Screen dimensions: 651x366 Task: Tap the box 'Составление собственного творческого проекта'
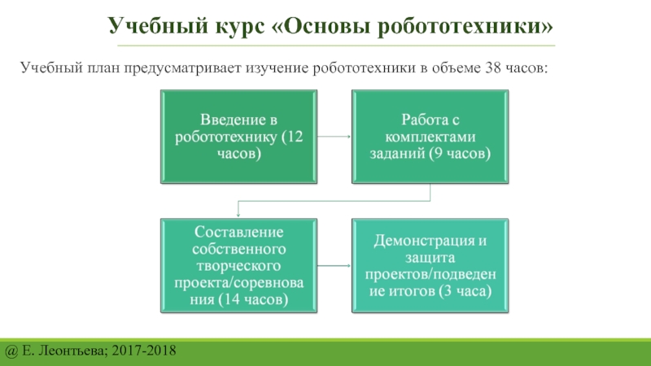pos(239,265)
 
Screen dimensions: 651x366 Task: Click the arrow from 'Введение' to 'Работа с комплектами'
pos(334,137)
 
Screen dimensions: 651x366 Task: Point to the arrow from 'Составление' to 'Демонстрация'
pos(334,265)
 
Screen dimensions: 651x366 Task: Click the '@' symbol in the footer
pos(11,351)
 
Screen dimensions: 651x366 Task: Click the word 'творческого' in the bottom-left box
pos(239,265)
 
